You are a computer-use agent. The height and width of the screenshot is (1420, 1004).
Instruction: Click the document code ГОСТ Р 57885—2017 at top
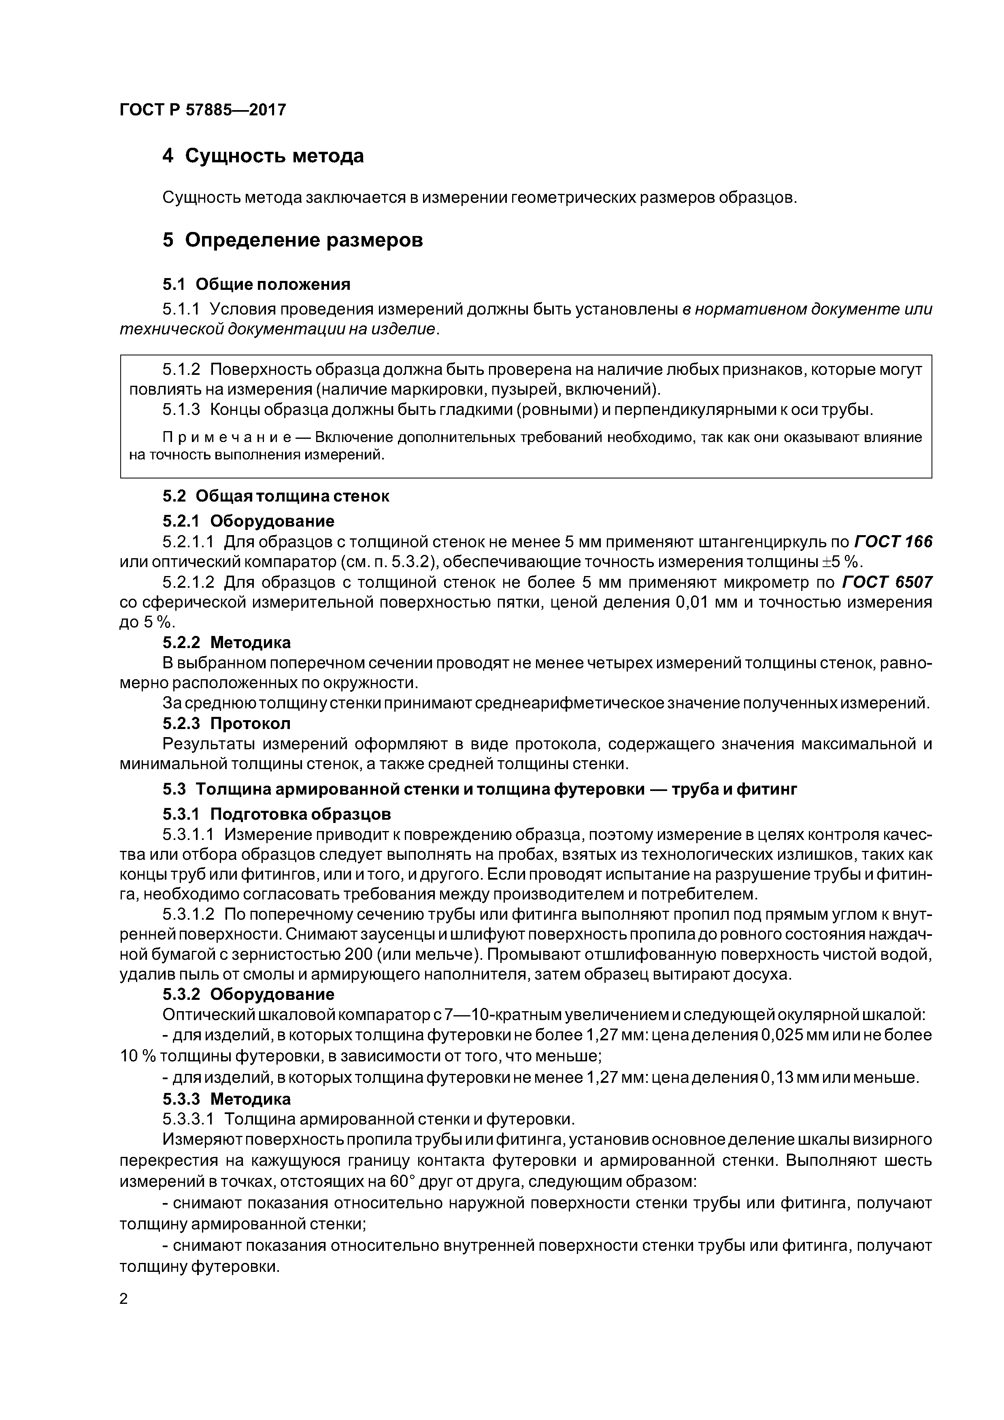coord(202,110)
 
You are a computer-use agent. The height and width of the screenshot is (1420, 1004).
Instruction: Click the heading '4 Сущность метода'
coord(263,156)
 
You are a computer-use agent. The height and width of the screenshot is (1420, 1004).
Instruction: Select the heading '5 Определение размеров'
coord(293,240)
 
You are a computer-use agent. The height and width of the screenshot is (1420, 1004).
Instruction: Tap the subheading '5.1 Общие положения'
coord(256,285)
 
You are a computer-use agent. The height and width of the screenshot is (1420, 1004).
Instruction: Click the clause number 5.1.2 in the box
coord(181,370)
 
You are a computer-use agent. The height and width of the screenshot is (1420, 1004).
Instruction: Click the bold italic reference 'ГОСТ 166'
coord(893,542)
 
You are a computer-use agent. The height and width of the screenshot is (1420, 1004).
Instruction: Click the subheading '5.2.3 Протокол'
coord(226,723)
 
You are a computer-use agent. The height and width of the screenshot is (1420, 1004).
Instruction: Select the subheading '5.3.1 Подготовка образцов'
coord(277,814)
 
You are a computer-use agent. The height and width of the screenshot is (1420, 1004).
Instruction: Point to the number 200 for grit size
coord(358,954)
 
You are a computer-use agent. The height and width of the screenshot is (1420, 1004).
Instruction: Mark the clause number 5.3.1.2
coord(188,914)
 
